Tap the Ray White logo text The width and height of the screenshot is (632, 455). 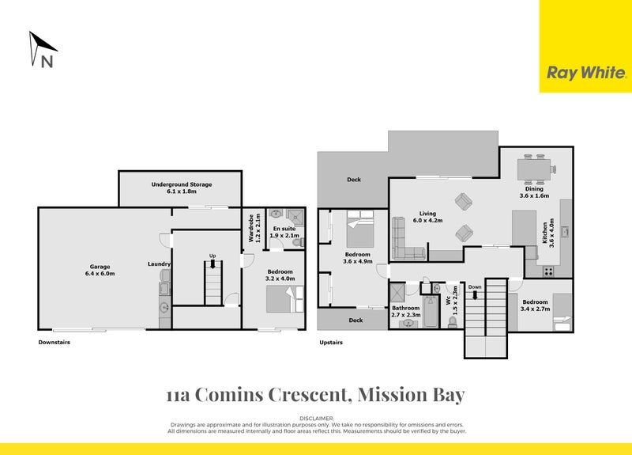[x=586, y=73]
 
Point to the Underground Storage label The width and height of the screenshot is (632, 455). [x=182, y=188]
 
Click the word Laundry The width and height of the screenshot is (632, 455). [x=159, y=264]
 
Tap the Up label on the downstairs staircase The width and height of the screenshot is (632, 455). [x=212, y=256]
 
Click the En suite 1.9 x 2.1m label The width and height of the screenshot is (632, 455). [x=285, y=232]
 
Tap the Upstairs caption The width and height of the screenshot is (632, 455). [x=331, y=343]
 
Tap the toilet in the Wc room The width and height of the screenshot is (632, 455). [x=453, y=321]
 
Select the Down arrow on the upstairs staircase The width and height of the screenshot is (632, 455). [x=475, y=293]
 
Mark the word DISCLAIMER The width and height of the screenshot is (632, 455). [x=317, y=417]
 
